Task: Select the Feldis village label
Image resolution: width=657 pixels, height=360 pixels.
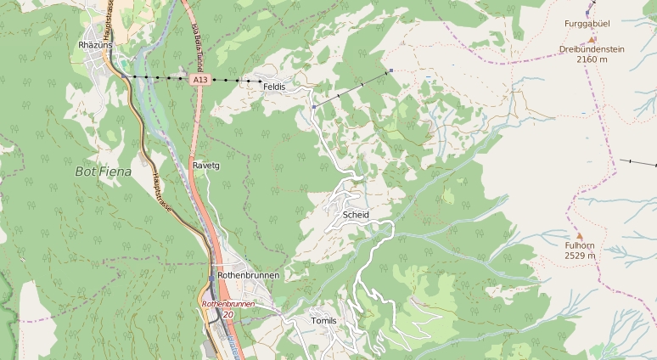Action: coord(274,87)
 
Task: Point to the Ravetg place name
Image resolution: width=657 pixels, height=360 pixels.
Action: coord(206,165)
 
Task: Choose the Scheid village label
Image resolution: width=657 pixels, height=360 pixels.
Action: coord(356,215)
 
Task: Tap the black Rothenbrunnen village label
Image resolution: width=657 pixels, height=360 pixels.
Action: coord(248,275)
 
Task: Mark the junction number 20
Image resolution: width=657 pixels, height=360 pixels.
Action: coord(227,314)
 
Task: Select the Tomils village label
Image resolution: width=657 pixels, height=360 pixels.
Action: coord(324,321)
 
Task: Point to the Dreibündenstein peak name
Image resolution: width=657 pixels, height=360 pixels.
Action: coord(592,49)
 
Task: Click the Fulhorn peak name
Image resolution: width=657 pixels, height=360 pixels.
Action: coord(580,245)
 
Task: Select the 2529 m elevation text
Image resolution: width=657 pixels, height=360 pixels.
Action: coord(580,255)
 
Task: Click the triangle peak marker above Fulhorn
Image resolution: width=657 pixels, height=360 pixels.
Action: coord(580,235)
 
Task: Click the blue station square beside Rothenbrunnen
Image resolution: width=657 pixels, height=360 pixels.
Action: coord(211,277)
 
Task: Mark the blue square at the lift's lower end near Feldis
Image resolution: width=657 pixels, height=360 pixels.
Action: coord(313,107)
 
